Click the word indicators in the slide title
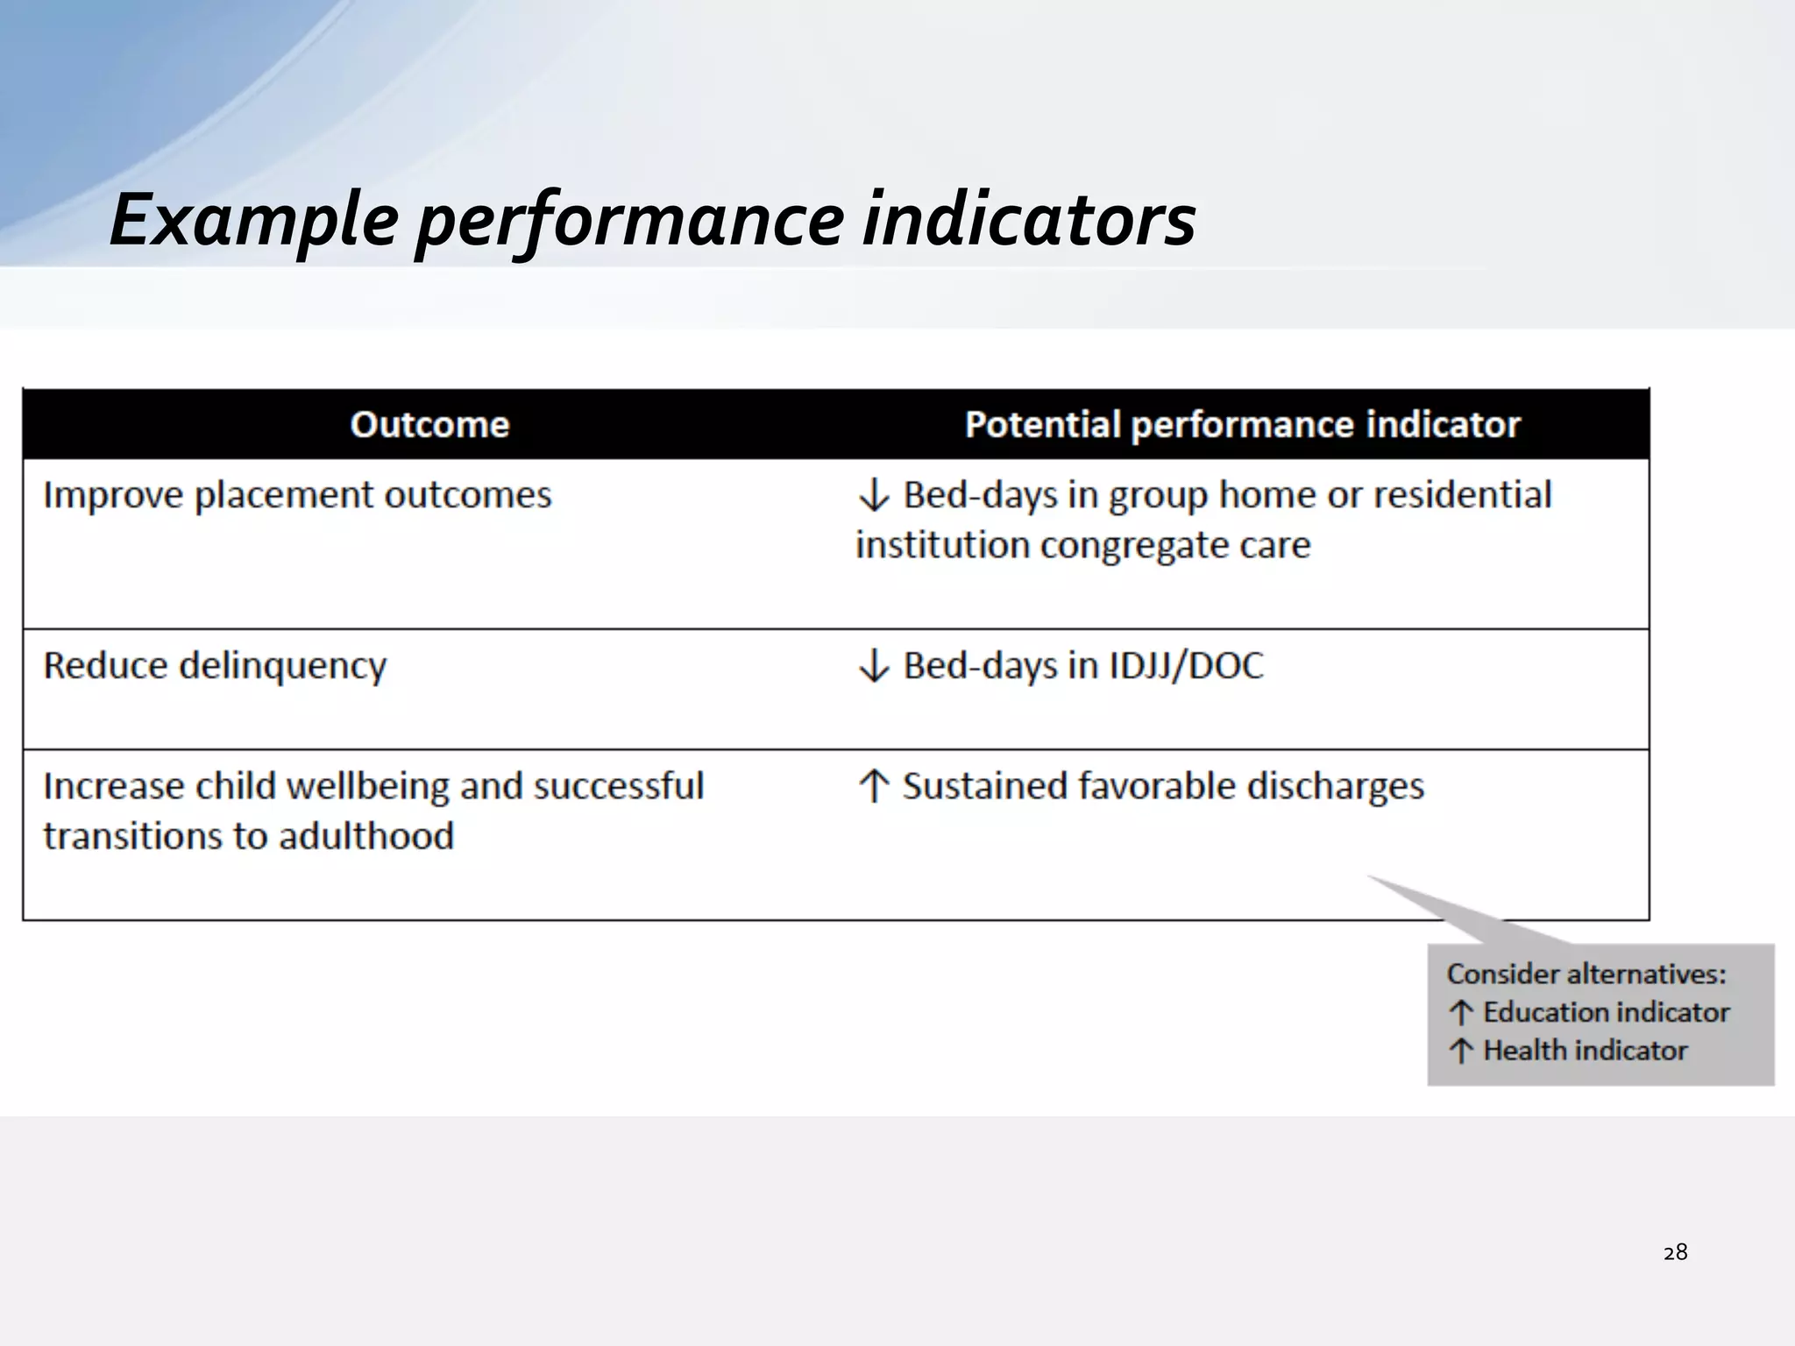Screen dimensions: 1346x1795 [x=1028, y=220]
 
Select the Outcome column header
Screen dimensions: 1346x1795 [x=429, y=425]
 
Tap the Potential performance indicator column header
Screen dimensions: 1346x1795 [x=1242, y=425]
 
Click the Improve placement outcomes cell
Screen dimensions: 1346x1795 [x=297, y=496]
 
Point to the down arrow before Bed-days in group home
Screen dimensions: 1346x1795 [x=874, y=496]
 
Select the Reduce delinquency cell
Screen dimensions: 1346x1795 [x=215, y=666]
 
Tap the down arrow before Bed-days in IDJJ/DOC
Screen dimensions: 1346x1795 [x=874, y=667]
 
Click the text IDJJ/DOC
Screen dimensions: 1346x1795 [x=1186, y=666]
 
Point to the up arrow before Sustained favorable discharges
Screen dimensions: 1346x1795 [x=874, y=786]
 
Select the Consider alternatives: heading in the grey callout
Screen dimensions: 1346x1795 [x=1586, y=974]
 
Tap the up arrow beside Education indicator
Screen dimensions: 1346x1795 [x=1460, y=1013]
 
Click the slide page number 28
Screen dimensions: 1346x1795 [x=1675, y=1252]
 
